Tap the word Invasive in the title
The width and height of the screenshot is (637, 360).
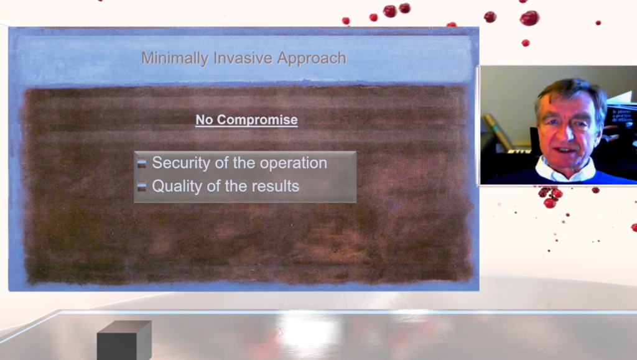click(x=243, y=58)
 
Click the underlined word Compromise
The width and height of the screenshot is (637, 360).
click(x=257, y=120)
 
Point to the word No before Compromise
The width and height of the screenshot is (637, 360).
click(x=204, y=120)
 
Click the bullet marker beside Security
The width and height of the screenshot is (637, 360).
click(x=141, y=163)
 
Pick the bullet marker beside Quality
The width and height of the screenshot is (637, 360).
click(x=141, y=187)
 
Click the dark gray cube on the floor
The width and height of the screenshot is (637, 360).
click(x=124, y=340)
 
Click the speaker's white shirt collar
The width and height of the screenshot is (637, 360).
click(x=565, y=170)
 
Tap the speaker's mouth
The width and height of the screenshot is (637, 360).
click(x=565, y=150)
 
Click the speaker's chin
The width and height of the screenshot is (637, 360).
click(x=565, y=161)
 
